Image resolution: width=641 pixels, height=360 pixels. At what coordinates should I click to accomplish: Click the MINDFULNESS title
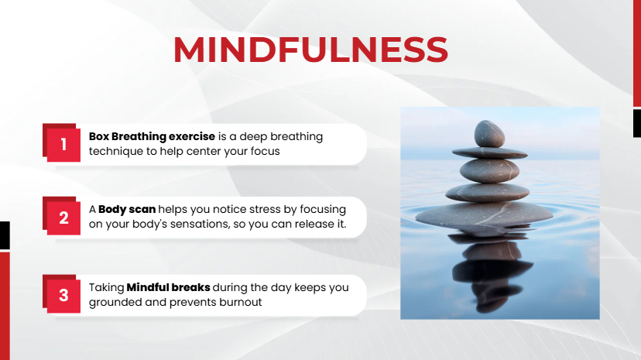[x=310, y=50]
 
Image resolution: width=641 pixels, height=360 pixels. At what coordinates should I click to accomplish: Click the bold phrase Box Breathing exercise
[x=152, y=136]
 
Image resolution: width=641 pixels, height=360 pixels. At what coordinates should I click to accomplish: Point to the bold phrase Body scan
[x=127, y=209]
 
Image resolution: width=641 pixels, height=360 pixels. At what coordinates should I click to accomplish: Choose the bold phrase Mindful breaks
[x=169, y=287]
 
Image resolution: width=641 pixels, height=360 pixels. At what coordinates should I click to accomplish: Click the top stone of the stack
[x=489, y=134]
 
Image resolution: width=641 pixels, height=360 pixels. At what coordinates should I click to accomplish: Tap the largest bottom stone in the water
[x=484, y=214]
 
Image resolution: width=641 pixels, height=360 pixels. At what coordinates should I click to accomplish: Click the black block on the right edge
[x=637, y=123]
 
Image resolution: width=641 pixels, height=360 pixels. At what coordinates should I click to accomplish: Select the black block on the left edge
[x=5, y=235]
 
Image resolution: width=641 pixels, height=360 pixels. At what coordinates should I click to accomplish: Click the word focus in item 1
[x=266, y=151]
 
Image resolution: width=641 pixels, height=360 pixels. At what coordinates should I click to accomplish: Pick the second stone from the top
[x=490, y=153]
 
